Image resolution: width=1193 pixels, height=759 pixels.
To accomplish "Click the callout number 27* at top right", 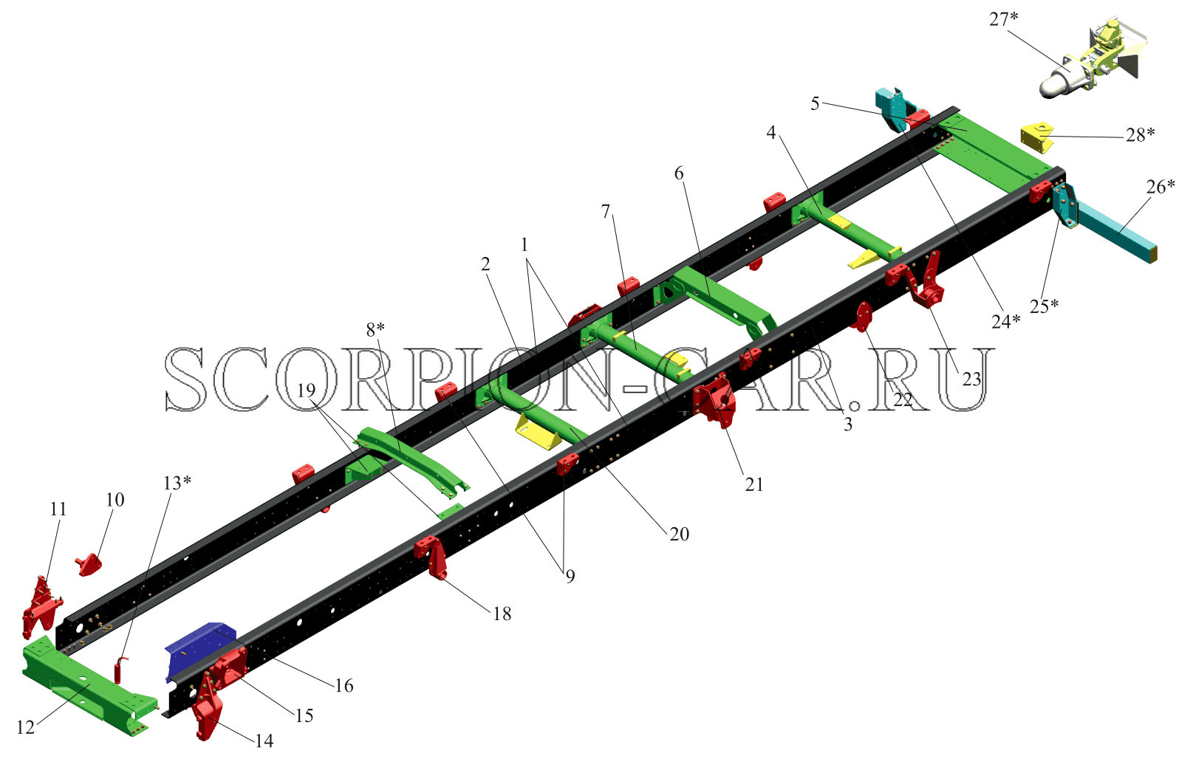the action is [1003, 19].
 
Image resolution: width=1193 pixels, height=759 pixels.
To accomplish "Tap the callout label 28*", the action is [1141, 134].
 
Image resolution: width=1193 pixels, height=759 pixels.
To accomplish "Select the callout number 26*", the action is [1160, 186].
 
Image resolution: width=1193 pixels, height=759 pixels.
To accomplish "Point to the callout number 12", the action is [26, 727].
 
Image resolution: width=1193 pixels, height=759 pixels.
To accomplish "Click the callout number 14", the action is [264, 741].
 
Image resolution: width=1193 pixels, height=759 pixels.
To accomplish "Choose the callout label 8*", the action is [375, 329].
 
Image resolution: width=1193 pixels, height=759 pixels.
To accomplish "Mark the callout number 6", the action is [679, 173].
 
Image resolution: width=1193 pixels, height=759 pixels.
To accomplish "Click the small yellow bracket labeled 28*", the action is [1037, 137].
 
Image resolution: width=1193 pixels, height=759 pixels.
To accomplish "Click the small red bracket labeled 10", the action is [89, 564].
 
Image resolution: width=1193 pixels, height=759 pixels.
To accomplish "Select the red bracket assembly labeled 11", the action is [41, 608].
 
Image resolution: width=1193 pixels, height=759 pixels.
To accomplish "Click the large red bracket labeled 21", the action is [715, 400].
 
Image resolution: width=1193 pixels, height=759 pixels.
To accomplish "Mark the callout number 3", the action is [848, 425].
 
